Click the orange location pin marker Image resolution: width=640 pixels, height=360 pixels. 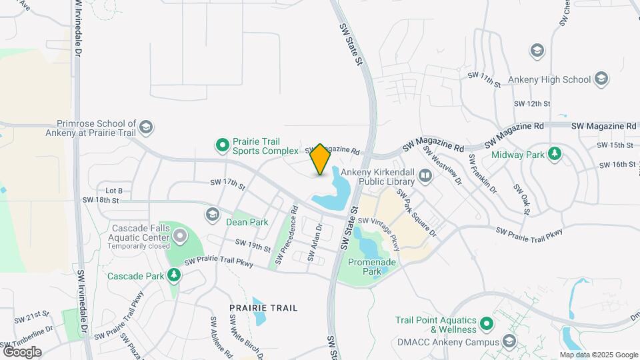(321, 159)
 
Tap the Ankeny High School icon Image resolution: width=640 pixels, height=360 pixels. (602, 79)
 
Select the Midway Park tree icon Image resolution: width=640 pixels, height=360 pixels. (553, 155)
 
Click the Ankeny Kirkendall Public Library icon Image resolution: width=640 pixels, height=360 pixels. (426, 177)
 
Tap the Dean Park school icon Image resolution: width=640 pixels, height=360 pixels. (213, 214)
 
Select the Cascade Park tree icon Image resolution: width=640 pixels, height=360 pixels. (174, 275)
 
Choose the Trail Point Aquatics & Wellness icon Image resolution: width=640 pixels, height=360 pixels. (487, 325)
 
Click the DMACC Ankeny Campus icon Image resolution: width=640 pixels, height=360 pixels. (510, 343)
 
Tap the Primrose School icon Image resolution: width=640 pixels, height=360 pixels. (146, 127)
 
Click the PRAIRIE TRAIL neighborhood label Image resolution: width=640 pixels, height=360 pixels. (263, 308)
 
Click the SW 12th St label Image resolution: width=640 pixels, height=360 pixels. (532, 104)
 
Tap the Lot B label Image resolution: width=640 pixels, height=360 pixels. (115, 190)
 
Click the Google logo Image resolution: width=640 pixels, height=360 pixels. (22, 351)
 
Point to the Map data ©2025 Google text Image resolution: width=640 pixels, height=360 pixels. (598, 355)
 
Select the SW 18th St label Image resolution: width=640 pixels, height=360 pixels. (101, 200)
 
